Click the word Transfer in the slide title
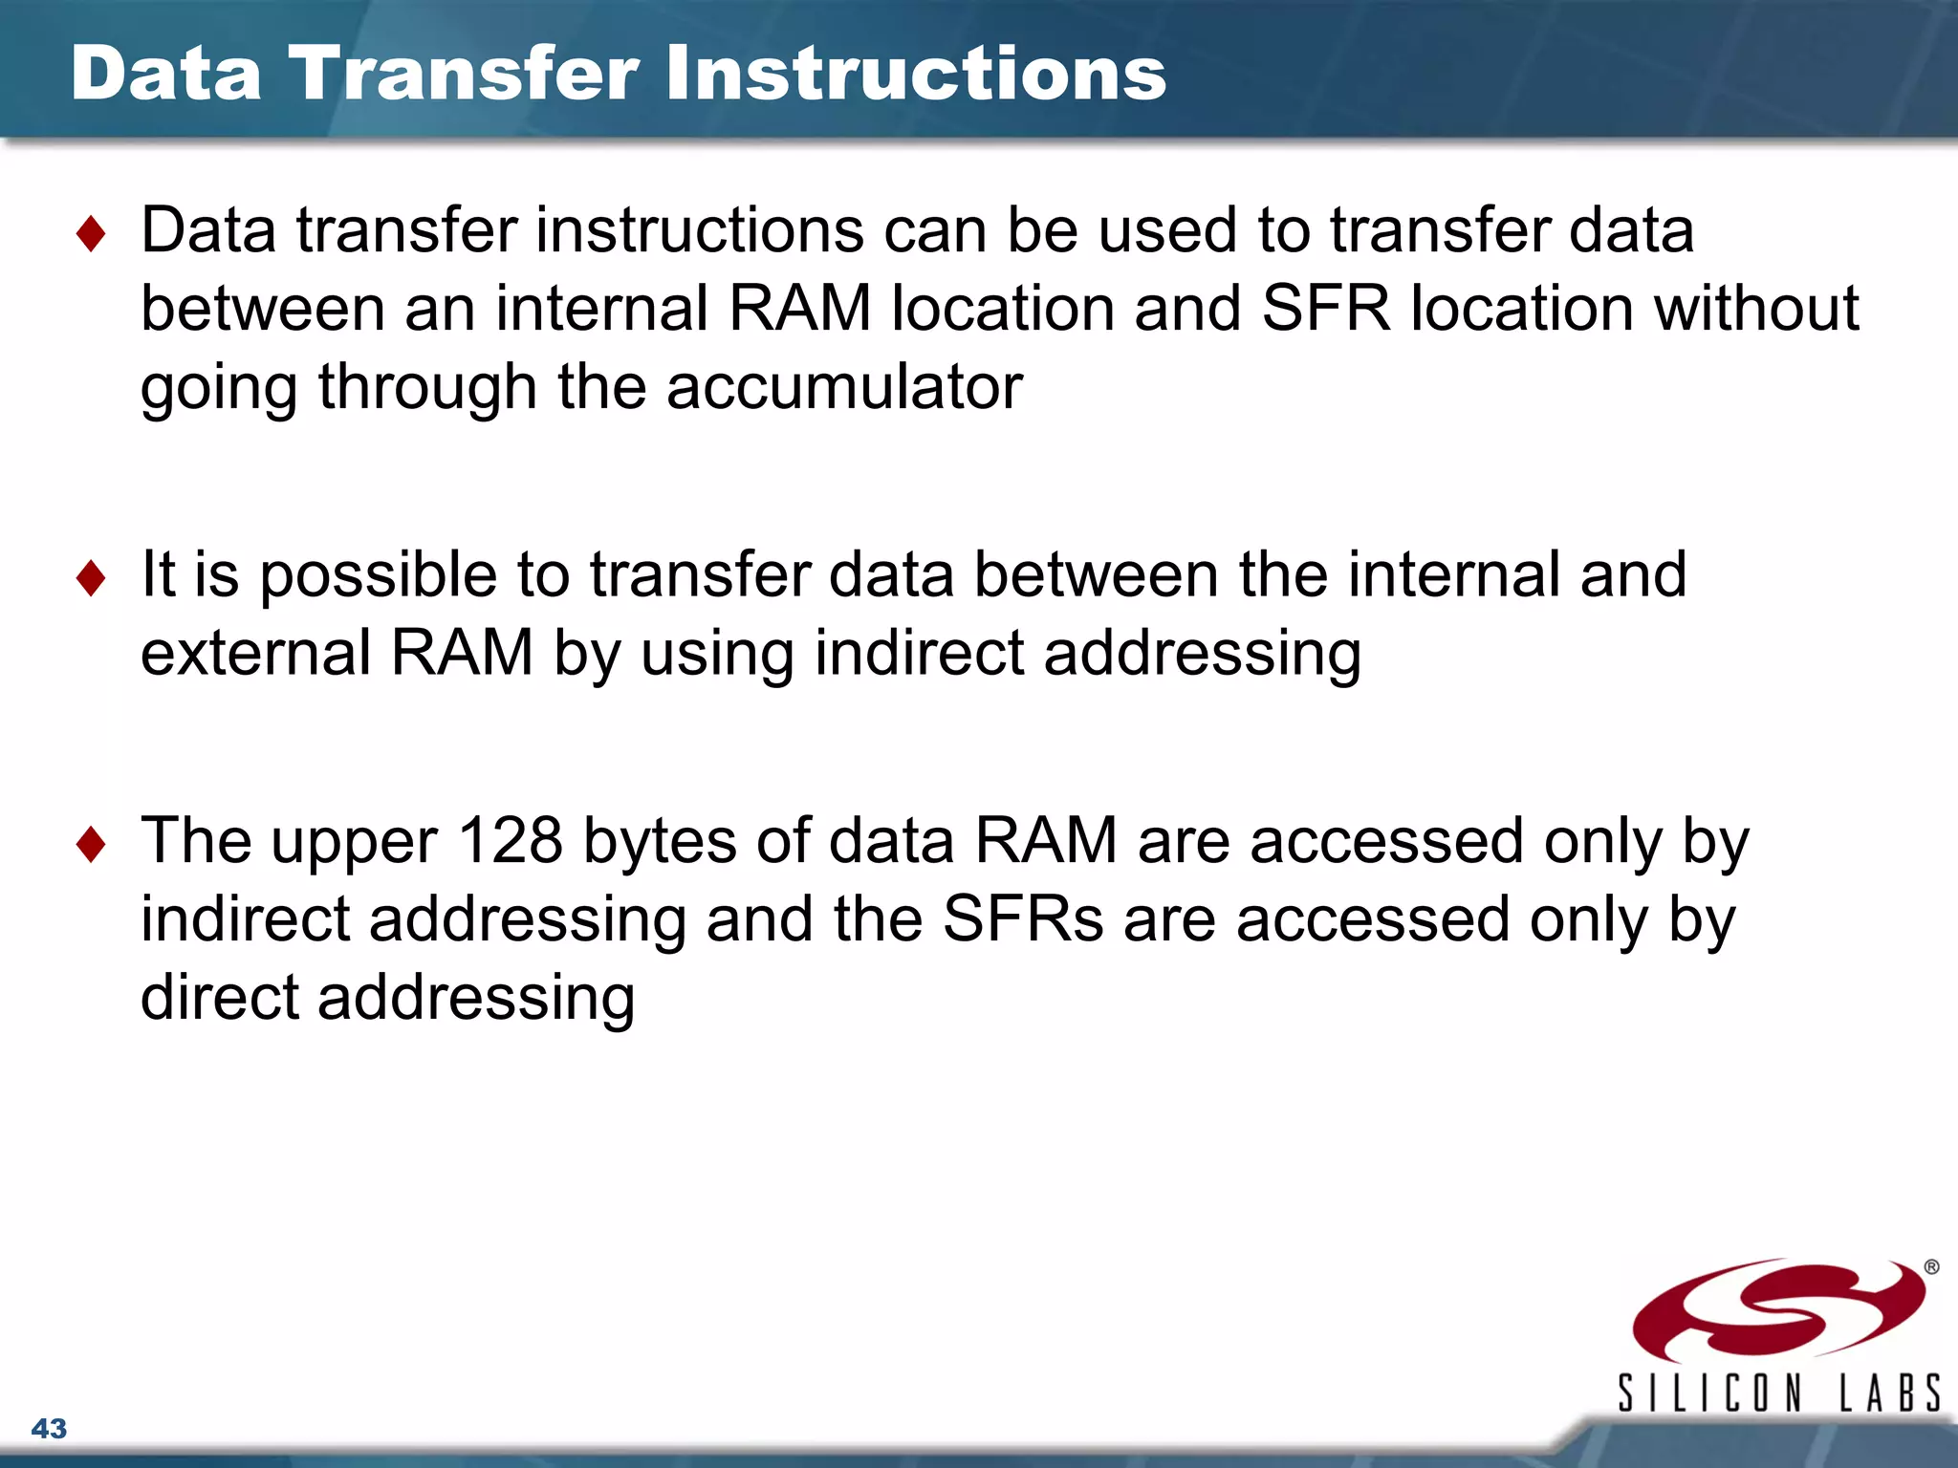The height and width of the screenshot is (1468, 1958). point(464,74)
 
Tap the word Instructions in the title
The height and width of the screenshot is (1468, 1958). point(916,74)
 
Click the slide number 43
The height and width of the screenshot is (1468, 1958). point(49,1428)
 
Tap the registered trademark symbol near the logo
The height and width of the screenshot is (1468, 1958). point(1931,1267)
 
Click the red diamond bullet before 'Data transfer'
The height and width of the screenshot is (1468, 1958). point(91,234)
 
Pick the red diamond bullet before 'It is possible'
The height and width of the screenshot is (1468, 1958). point(91,578)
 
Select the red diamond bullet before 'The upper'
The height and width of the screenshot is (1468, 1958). point(91,844)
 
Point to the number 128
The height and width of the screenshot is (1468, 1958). point(511,841)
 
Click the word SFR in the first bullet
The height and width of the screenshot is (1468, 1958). point(1325,309)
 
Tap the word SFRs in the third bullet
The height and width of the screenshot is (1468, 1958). point(1022,919)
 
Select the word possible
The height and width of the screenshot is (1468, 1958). point(378,576)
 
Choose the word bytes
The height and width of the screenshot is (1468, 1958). point(660,843)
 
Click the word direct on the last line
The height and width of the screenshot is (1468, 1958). point(220,998)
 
